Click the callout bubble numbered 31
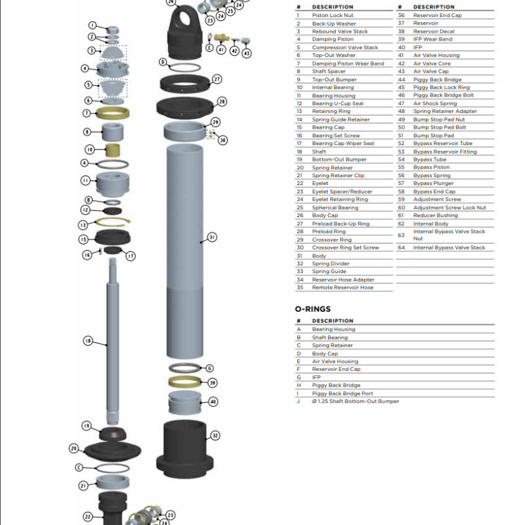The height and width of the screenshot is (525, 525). [212, 237]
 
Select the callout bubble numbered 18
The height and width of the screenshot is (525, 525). [89, 341]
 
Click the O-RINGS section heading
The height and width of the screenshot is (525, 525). [312, 308]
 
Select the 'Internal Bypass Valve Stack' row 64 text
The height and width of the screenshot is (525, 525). [449, 247]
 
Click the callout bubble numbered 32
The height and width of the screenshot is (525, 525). [215, 435]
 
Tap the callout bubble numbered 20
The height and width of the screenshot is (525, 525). [74, 448]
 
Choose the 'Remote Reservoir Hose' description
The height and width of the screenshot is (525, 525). [343, 287]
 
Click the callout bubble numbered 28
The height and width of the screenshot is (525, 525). [222, 102]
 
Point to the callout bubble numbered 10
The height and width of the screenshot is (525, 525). [91, 149]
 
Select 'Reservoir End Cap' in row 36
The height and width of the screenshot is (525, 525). [437, 15]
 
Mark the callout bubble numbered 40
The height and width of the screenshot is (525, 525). [213, 402]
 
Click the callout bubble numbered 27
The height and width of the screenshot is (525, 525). [217, 79]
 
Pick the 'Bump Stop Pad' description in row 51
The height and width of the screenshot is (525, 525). [433, 135]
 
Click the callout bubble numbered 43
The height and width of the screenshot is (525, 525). [246, 53]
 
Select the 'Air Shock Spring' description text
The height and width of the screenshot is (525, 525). [435, 103]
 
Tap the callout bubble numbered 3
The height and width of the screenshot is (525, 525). [91, 51]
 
